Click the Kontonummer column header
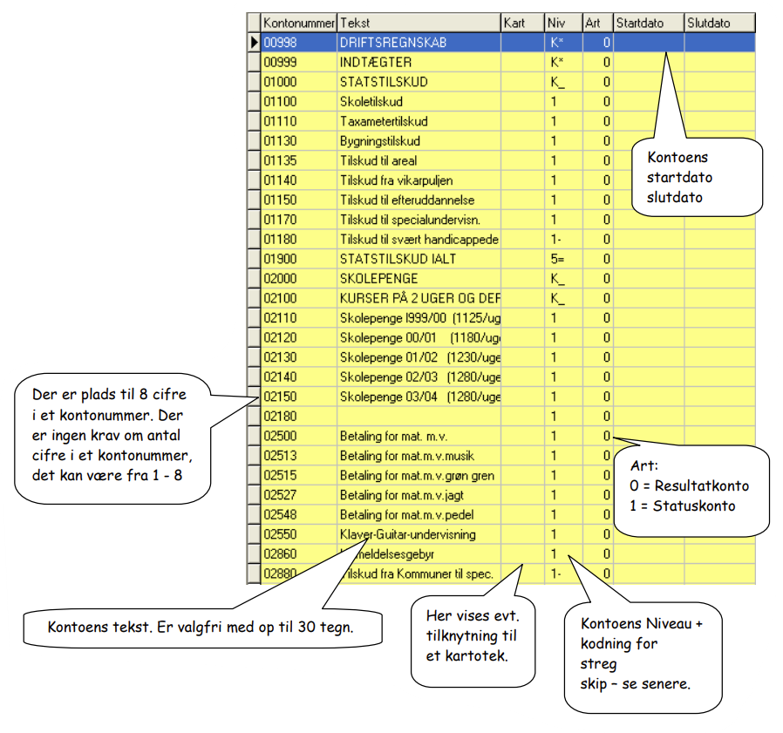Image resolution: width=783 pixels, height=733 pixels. point(298,23)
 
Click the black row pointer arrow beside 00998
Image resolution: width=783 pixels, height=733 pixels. point(255,43)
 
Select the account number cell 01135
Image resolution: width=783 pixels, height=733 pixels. point(280,160)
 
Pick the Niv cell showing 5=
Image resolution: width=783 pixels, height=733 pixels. point(557,259)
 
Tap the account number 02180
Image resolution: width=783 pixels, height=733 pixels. point(280,417)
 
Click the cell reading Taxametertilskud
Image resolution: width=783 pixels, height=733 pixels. point(384,121)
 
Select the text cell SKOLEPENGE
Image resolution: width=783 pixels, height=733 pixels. point(378,279)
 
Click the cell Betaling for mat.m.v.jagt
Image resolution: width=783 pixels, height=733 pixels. point(401,495)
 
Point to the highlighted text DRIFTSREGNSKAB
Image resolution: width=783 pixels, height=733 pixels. point(393,43)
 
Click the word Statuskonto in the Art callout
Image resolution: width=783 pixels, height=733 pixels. point(694,506)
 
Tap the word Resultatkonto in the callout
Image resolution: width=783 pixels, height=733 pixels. point(702,485)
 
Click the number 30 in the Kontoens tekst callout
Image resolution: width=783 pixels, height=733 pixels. point(307,627)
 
